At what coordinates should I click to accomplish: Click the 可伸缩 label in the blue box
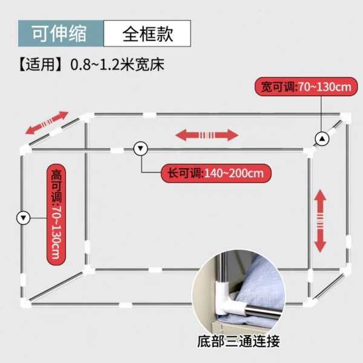tap(60, 33)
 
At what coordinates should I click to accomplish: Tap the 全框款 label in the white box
tap(148, 33)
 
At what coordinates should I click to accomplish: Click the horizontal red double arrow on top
tap(207, 134)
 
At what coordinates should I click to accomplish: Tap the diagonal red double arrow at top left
tap(47, 123)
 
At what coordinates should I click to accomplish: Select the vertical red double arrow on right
tap(321, 220)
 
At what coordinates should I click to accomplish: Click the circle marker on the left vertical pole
tap(24, 217)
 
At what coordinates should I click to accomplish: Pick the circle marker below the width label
tap(323, 139)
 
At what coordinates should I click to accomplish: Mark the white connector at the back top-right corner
tap(345, 117)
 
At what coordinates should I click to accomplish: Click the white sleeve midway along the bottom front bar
tap(126, 304)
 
